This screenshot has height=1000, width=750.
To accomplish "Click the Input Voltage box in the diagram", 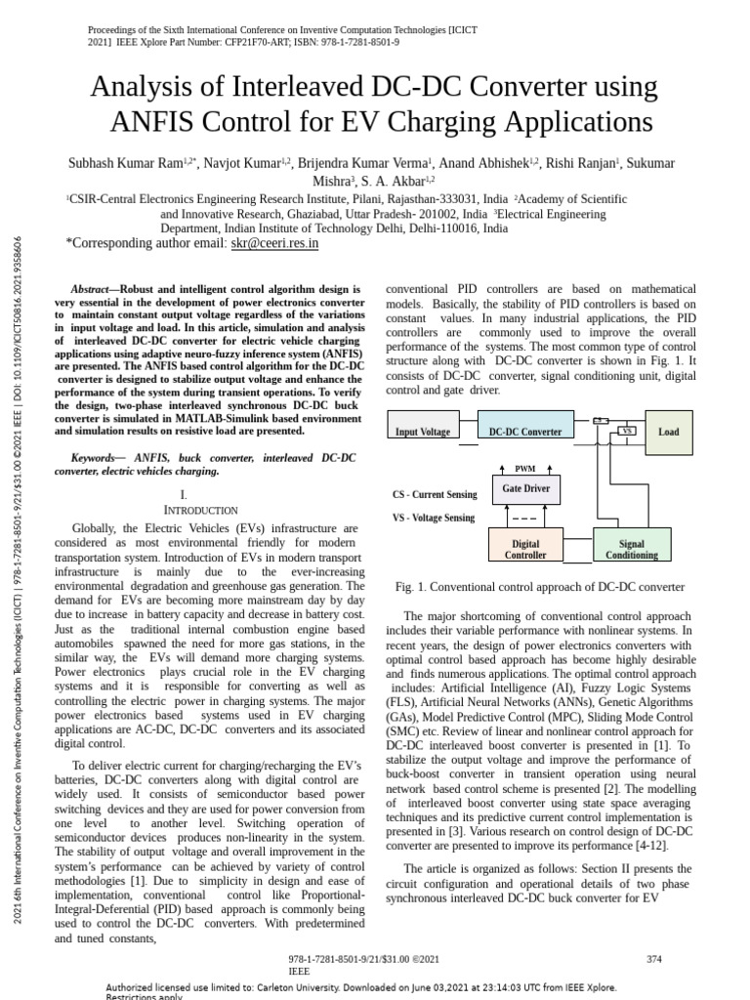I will coord(422,432).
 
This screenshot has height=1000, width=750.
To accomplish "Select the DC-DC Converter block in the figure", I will coord(525,432).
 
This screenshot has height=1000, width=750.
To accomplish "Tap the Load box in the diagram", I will coord(669,432).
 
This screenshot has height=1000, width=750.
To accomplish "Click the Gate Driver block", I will coord(525,487).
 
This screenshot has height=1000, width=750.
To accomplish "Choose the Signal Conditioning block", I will coord(632,549).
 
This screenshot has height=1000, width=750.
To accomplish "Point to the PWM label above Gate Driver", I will coord(525,469).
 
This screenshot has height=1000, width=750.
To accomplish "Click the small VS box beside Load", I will coord(627,431).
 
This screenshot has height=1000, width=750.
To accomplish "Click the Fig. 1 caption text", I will coord(539,587).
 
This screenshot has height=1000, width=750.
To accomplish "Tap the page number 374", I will coord(654,959).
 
